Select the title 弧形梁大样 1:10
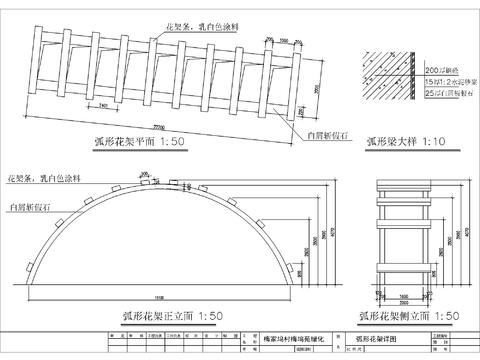[x=406, y=141]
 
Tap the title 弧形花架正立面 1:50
[x=172, y=316]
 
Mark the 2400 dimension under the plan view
[x=104, y=102]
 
